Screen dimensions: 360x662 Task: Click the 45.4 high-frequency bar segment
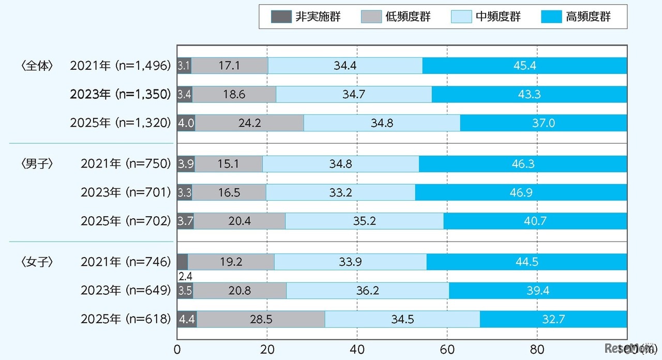tap(524, 66)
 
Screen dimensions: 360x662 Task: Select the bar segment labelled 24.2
tap(249, 123)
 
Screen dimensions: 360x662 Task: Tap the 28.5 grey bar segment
tap(261, 319)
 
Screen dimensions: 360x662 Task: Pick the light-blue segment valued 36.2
tap(367, 291)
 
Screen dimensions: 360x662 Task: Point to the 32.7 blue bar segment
tap(553, 319)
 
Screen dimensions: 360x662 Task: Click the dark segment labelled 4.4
tap(187, 319)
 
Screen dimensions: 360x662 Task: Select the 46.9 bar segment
tap(521, 192)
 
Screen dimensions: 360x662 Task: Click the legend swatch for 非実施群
tap(281, 17)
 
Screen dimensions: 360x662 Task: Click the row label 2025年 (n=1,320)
tap(120, 123)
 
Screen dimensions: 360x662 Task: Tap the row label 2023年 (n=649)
tap(125, 291)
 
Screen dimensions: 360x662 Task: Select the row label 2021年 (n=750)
tap(125, 163)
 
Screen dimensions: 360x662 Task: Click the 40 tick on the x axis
tap(357, 349)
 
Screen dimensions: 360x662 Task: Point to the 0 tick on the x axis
tap(177, 349)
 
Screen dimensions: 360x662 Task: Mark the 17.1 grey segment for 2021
tap(230, 66)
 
